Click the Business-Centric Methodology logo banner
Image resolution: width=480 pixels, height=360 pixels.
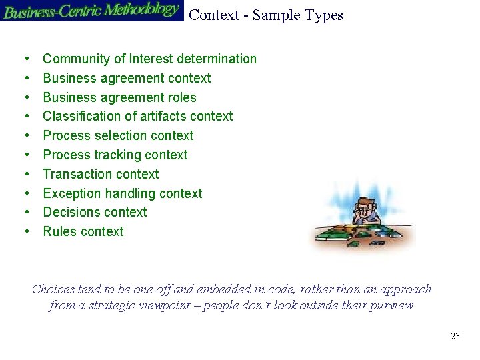[91, 11]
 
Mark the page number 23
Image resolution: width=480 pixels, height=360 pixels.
[455, 336]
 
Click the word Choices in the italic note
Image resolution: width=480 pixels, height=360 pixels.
[53, 289]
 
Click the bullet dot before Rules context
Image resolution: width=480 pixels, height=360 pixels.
[26, 232]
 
